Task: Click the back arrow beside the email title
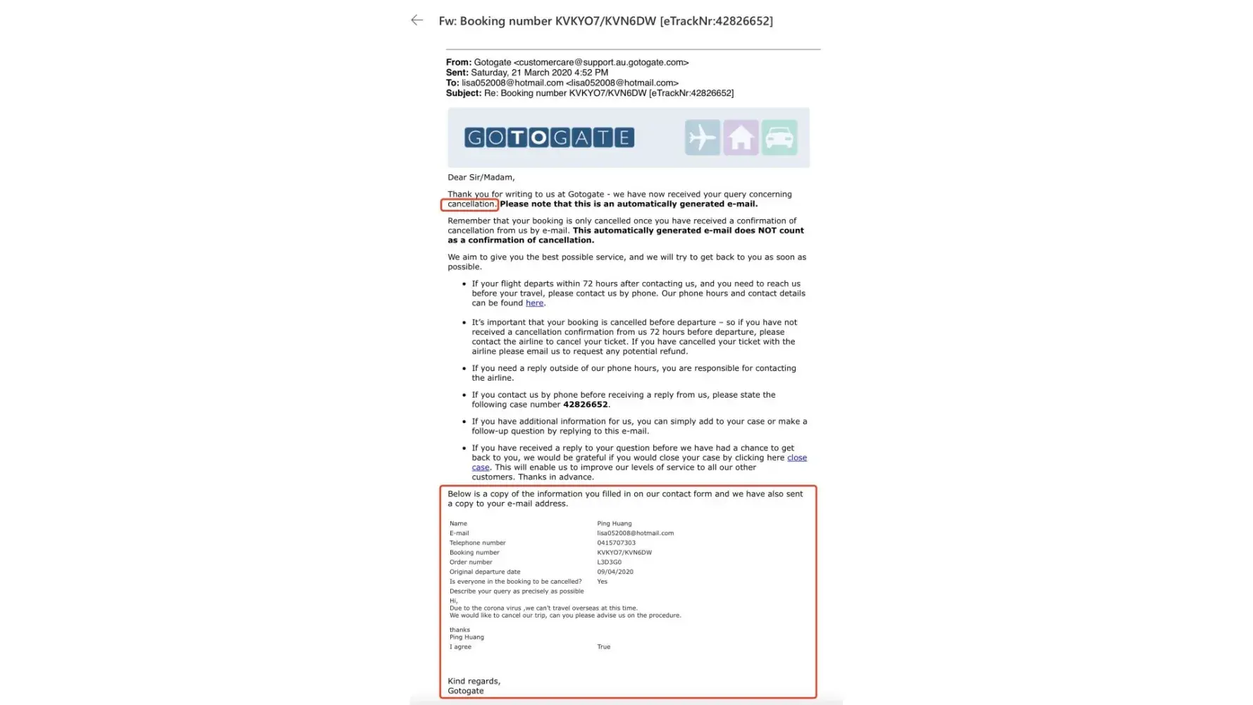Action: point(417,20)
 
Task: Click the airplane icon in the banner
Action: point(702,137)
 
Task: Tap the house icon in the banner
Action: point(741,137)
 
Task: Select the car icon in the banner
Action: point(779,137)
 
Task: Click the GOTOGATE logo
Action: point(549,137)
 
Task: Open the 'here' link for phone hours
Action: point(534,303)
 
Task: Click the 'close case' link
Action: point(796,458)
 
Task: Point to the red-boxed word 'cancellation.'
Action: point(471,204)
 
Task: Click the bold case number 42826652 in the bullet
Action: point(585,405)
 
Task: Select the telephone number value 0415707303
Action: point(616,543)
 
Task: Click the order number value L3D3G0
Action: point(609,562)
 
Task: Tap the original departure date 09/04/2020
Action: point(615,572)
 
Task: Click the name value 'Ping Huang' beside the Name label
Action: point(614,524)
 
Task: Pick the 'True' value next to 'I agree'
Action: point(603,646)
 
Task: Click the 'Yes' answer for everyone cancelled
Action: point(602,582)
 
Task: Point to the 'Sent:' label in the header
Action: point(457,73)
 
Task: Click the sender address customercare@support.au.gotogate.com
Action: point(601,63)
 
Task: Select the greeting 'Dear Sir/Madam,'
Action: point(481,178)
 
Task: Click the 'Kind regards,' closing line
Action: point(474,681)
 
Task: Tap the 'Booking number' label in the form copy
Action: point(474,553)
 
